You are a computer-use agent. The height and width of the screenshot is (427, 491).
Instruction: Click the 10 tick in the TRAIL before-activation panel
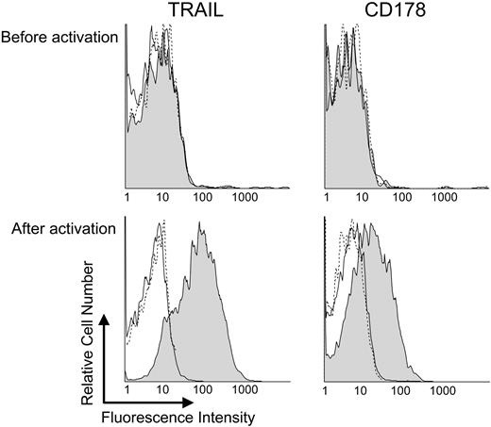click(162, 200)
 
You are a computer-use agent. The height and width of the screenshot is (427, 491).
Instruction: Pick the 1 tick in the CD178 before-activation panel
click(325, 200)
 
